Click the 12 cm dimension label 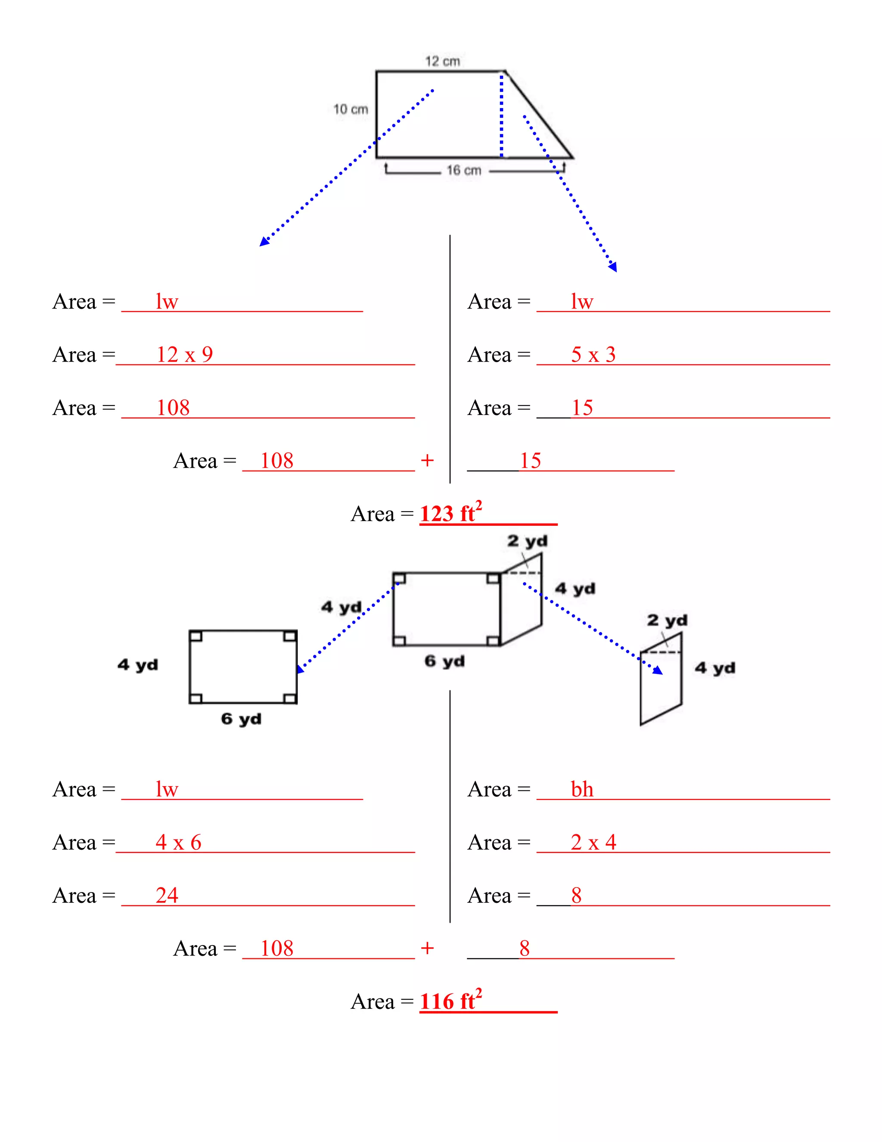pyautogui.click(x=443, y=61)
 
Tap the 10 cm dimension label pyautogui.click(x=351, y=109)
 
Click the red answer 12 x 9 pyautogui.click(x=185, y=355)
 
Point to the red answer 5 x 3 pyautogui.click(x=593, y=355)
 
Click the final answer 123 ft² pyautogui.click(x=451, y=512)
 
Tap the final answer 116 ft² pyautogui.click(x=451, y=1000)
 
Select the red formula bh pyautogui.click(x=582, y=789)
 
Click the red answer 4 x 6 pyautogui.click(x=179, y=842)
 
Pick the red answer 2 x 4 pyautogui.click(x=593, y=842)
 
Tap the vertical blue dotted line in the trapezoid pyautogui.click(x=502, y=115)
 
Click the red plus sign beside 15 pyautogui.click(x=427, y=460)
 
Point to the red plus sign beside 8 pyautogui.click(x=427, y=948)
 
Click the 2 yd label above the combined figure pyautogui.click(x=527, y=541)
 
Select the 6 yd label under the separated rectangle pyautogui.click(x=241, y=719)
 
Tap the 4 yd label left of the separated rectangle pyautogui.click(x=138, y=665)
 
